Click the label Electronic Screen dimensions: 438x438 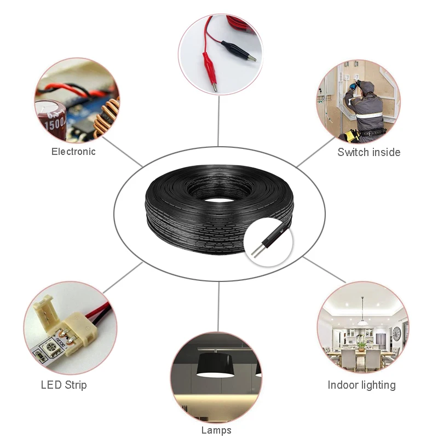(73, 152)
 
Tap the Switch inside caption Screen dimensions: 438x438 (368, 152)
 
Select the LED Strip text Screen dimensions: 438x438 (64, 385)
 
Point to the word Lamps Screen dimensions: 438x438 (216, 430)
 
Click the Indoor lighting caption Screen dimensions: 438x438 (361, 385)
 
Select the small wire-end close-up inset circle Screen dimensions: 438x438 (269, 240)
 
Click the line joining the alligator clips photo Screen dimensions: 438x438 (219, 120)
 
